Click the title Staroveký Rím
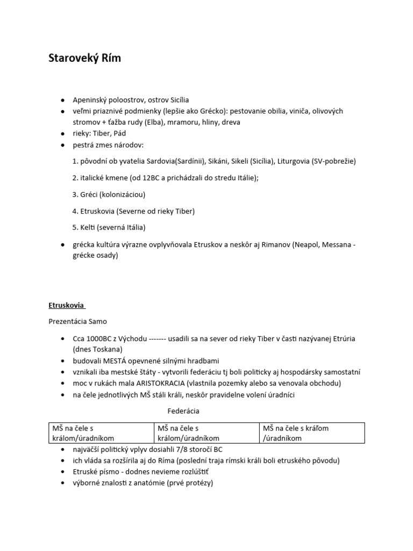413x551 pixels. [x=85, y=58]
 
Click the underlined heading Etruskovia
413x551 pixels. [x=67, y=305]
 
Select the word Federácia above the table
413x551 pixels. [x=183, y=411]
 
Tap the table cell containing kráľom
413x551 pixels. [x=312, y=433]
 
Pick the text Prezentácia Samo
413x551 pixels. [x=78, y=321]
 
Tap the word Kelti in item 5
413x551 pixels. [x=87, y=227]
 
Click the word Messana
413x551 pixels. [x=336, y=245]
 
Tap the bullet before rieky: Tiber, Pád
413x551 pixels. [x=63, y=133]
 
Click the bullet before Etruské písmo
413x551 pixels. [x=63, y=472]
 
